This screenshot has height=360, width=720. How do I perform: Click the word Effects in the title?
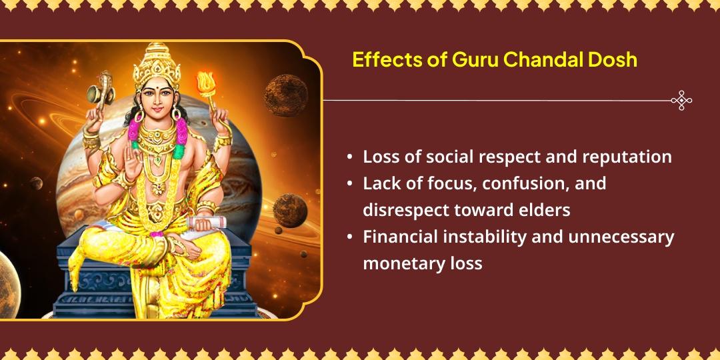[379, 60]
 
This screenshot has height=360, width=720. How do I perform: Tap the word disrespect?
[407, 210]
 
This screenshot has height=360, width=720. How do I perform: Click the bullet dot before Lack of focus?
[350, 184]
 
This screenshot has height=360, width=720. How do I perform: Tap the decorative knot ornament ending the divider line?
[681, 101]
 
